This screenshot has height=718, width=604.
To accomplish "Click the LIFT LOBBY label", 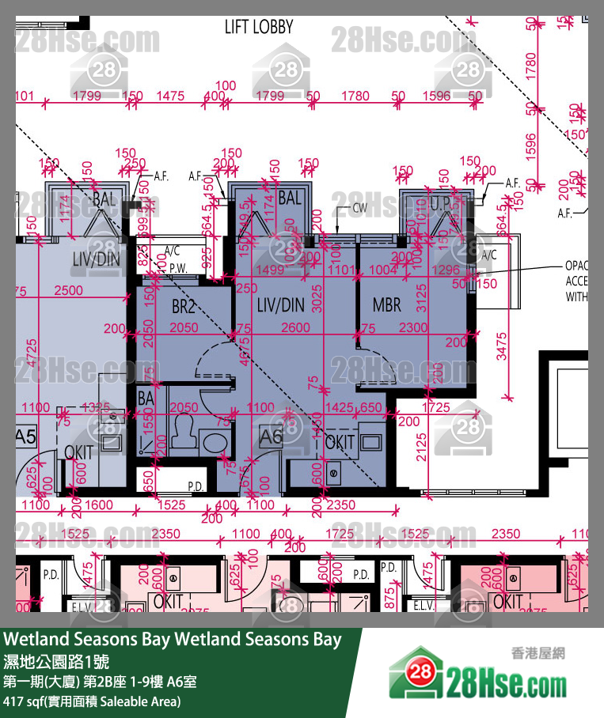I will point(259,27).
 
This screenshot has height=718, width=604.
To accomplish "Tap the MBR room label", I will point(386,304).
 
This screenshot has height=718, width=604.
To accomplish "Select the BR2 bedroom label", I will point(183,307).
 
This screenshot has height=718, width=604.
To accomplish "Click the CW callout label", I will point(360,209).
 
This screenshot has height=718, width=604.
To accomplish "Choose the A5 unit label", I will point(25,436).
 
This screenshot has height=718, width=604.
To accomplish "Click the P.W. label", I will point(177,268).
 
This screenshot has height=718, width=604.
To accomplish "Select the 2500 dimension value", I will point(68,291).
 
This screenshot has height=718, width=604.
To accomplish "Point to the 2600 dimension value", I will point(295,327).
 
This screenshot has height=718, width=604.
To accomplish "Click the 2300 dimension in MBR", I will point(413,327).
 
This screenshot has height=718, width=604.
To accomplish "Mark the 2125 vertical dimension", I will point(422,448).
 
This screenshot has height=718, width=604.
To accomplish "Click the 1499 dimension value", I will point(270,270).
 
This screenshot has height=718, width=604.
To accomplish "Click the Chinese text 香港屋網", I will point(537,653).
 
